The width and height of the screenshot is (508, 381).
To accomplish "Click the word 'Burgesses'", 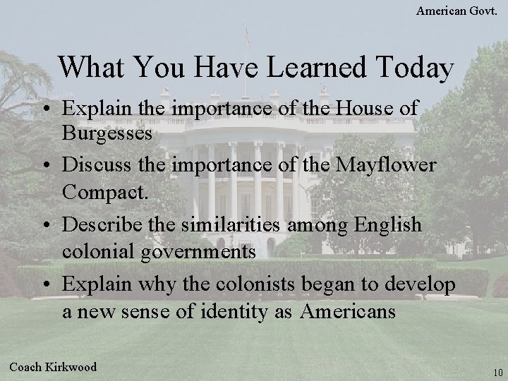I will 107,133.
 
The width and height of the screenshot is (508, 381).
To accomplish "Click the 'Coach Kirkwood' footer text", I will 54,366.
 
